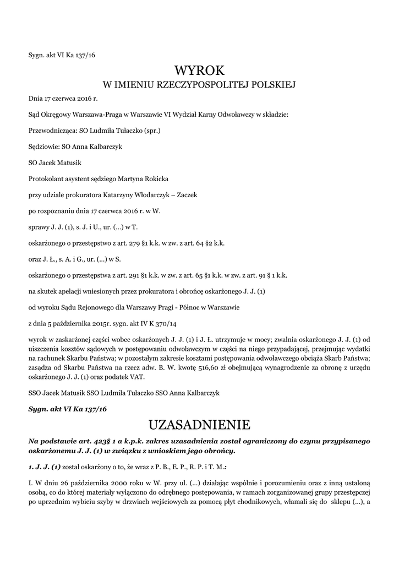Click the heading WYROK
(x=199, y=70)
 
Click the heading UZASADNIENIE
(x=199, y=425)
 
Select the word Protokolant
(x=45, y=179)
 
